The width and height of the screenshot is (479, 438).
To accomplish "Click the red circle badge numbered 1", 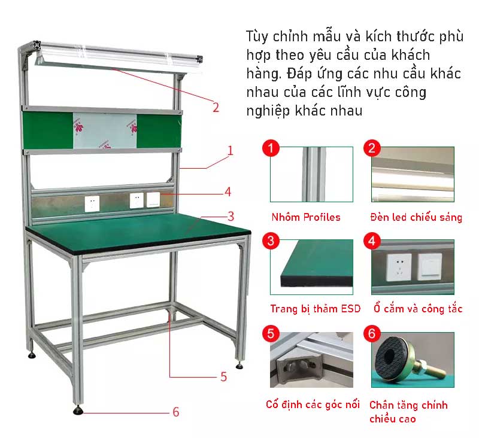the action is coord(271,148).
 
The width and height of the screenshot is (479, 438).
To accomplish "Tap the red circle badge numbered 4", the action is coord(372,241).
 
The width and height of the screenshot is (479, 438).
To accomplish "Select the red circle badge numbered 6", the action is coord(372,333).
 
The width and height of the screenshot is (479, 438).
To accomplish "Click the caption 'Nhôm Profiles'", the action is coord(306,217).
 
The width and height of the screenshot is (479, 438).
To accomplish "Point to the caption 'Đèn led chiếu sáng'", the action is coord(416,217).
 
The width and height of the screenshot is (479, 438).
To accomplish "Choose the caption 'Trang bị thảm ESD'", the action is coord(316,309).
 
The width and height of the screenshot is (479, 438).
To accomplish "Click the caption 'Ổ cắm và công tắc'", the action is coord(418,309).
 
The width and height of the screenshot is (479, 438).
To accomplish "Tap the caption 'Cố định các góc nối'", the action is coord(313,404).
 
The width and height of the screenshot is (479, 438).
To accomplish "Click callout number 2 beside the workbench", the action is coord(216,108).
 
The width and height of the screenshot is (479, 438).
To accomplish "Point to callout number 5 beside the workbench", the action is coord(223,376).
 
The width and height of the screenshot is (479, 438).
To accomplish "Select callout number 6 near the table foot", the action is coord(175,412).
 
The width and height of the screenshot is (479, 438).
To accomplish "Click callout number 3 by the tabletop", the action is coord(231,217).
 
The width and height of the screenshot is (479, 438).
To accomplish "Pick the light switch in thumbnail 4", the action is coord(430,266).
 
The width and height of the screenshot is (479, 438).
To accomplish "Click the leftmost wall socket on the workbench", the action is coord(92,204).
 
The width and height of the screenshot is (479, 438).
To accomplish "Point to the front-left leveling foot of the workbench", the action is coord(78,410).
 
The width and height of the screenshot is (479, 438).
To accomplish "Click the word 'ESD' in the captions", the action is coord(351,309).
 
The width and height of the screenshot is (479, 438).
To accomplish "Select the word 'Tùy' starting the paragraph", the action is coord(257,36).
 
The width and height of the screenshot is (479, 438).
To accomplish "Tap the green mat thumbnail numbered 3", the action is coord(311,267).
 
